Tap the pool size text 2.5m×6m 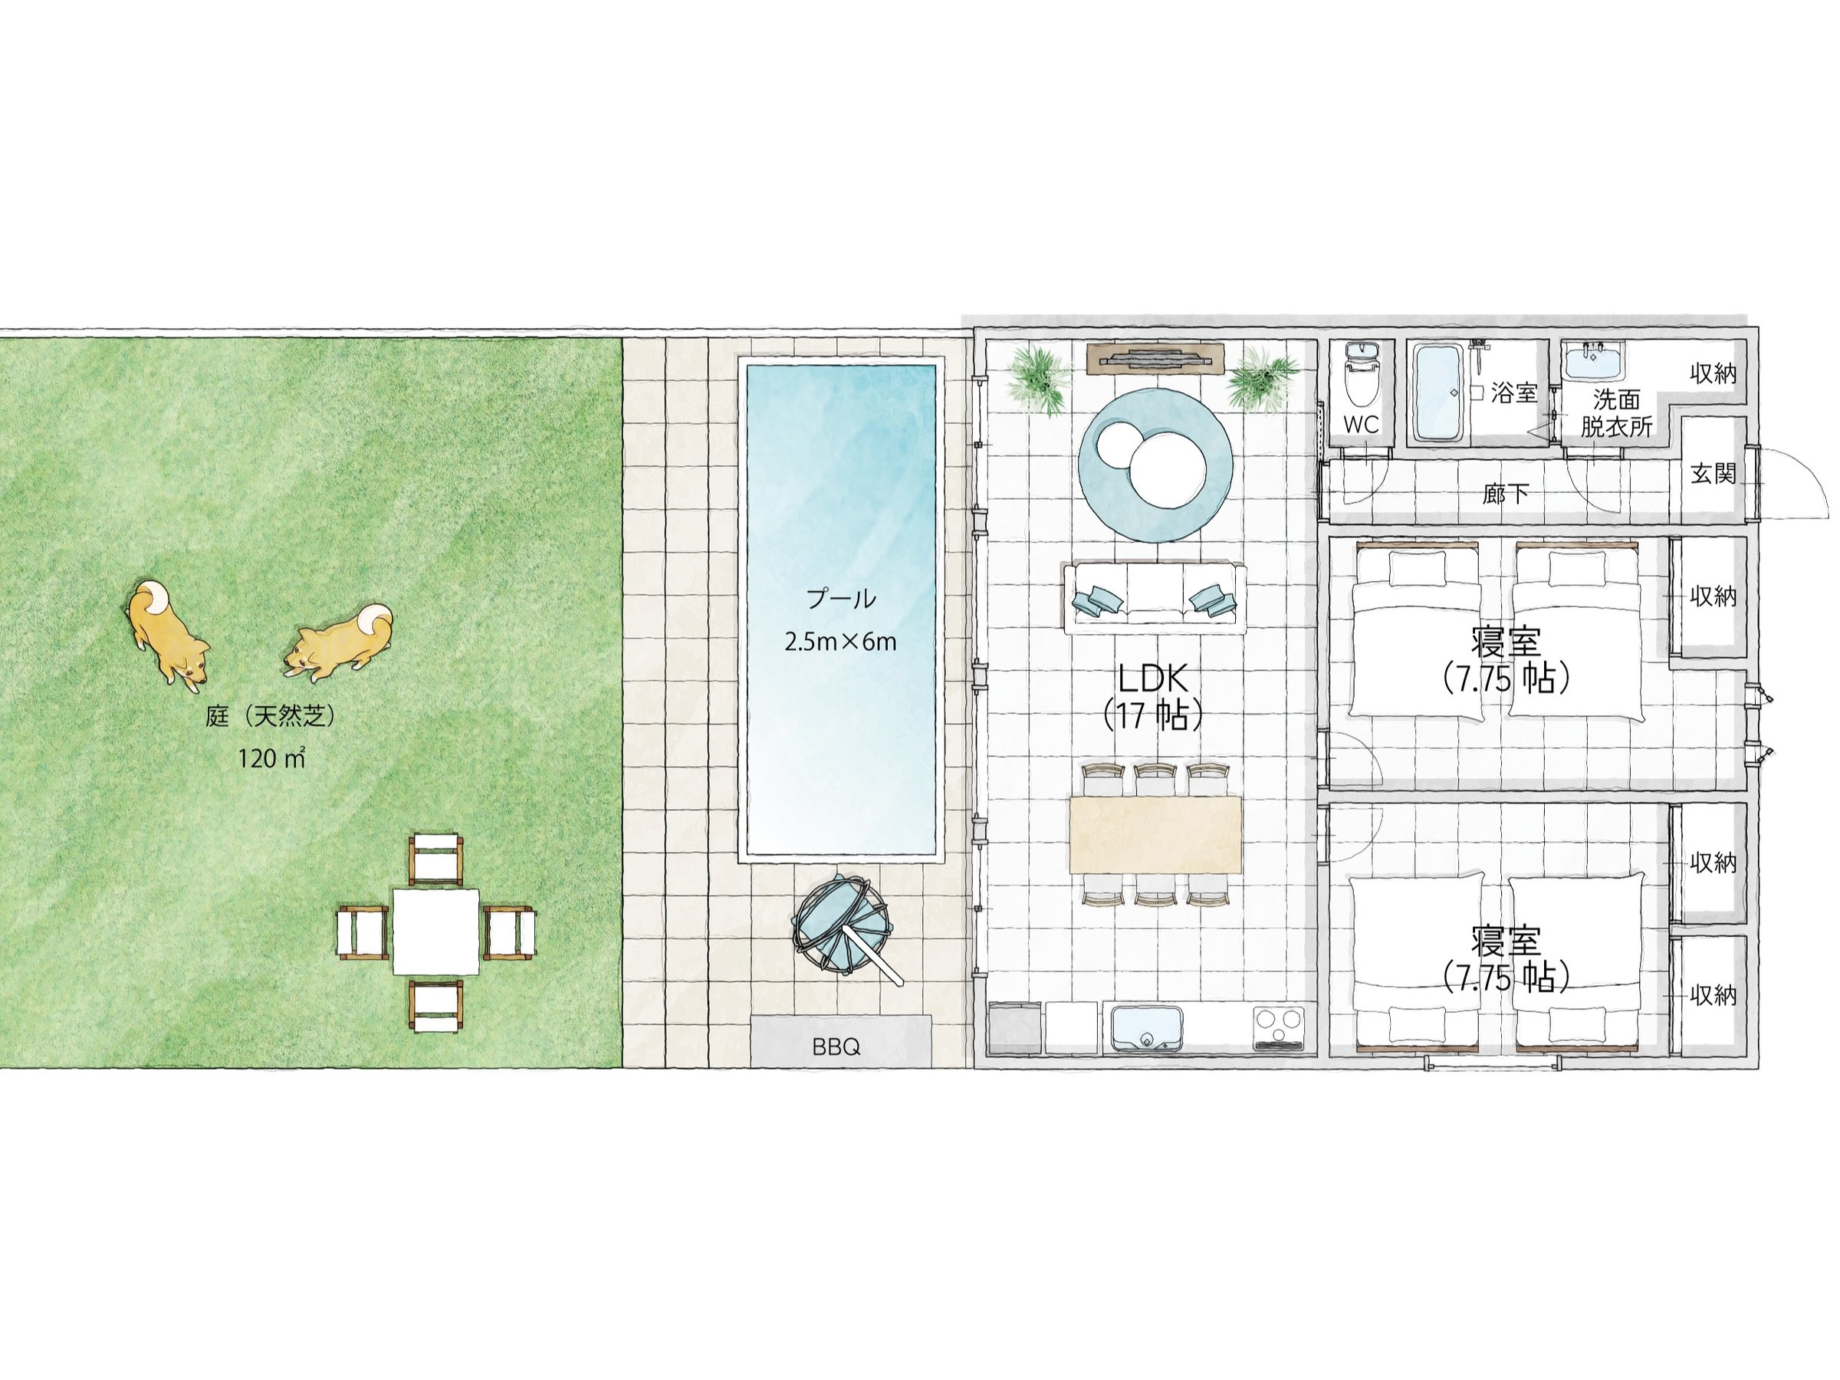(x=840, y=642)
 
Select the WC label (x=1361, y=424)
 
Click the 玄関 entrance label (x=1713, y=473)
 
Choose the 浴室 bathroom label (x=1514, y=393)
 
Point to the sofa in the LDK (x=1154, y=597)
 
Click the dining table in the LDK (x=1155, y=834)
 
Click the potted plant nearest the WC (x=1262, y=379)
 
